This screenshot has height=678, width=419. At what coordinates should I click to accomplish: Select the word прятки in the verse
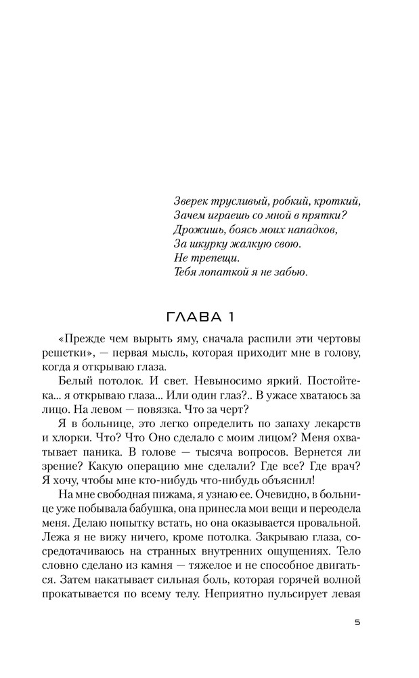click(x=326, y=216)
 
